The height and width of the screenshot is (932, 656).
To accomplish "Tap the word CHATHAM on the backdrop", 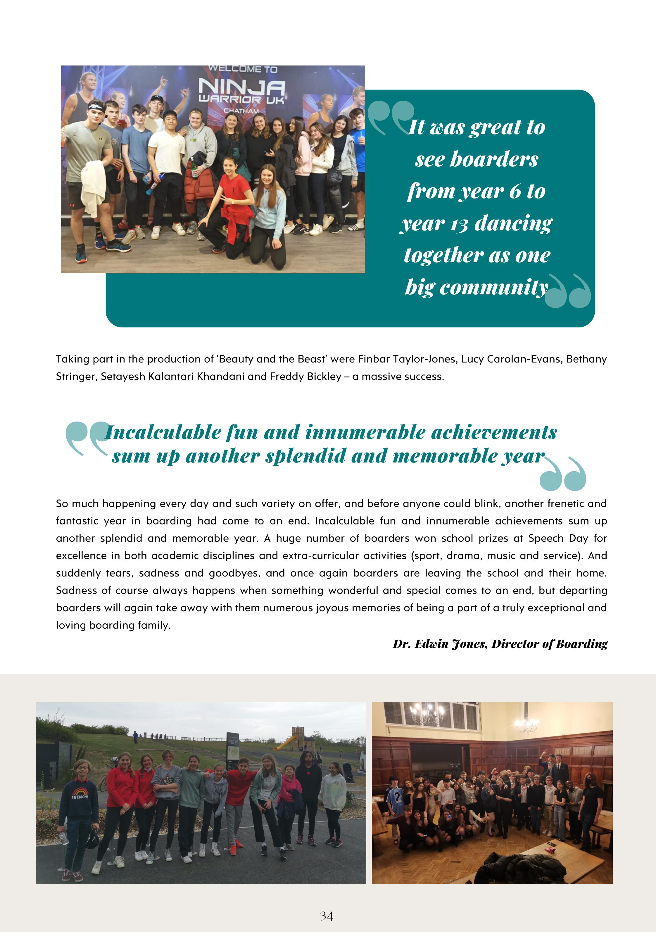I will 241,111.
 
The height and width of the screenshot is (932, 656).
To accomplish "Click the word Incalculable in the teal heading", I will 162,433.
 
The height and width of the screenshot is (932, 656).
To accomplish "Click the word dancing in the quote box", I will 514,223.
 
